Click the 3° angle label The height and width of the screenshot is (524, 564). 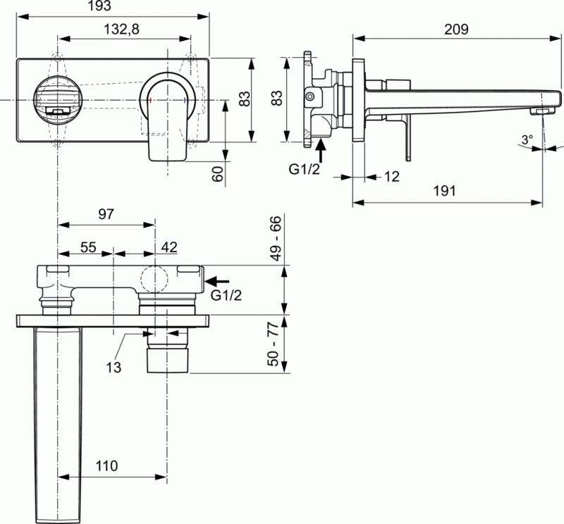[527, 139]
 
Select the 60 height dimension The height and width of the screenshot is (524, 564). [217, 173]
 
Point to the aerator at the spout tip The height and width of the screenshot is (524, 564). [543, 111]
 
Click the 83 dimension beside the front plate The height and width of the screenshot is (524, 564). [245, 99]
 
